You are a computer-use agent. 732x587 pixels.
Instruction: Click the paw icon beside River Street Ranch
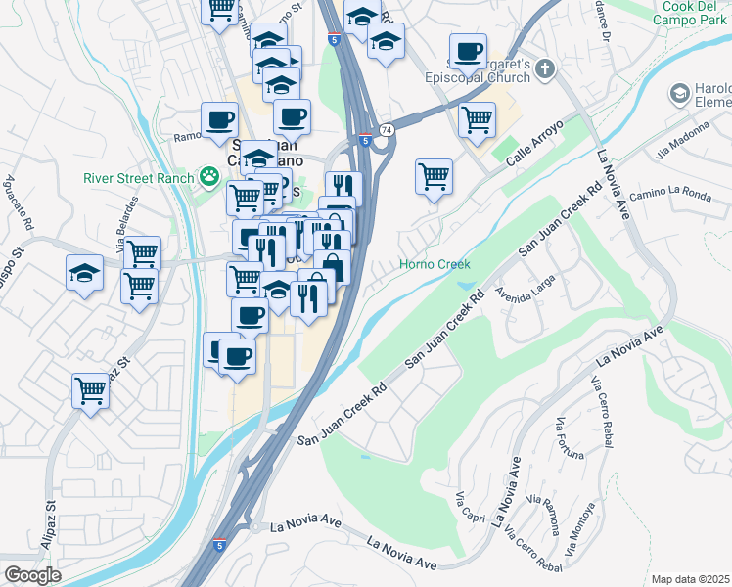[208, 177]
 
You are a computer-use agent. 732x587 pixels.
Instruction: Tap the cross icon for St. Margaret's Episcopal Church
[546, 68]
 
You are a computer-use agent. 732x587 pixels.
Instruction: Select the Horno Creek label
[435, 264]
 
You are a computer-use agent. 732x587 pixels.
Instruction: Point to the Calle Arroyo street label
[537, 150]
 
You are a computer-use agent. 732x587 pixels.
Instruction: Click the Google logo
[32, 575]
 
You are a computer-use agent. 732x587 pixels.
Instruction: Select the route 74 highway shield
[388, 129]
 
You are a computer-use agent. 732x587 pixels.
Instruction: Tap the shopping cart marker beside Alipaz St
[91, 391]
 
